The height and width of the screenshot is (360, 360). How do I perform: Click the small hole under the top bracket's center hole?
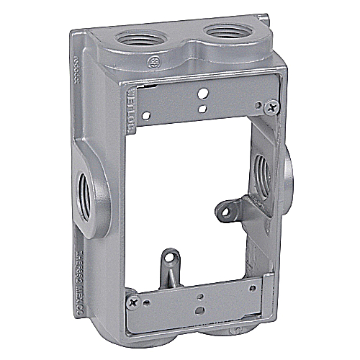point(202,109)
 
